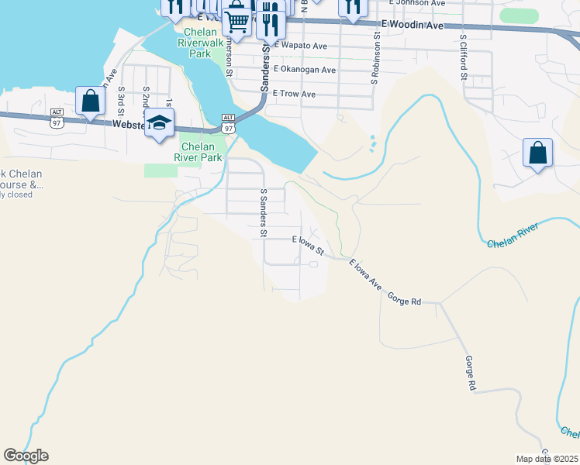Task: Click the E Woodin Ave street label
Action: click(x=411, y=26)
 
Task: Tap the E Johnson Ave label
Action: click(x=417, y=3)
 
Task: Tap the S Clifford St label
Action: click(x=463, y=57)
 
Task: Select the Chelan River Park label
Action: click(x=202, y=152)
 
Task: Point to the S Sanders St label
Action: click(x=264, y=212)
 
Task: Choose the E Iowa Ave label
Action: click(x=365, y=274)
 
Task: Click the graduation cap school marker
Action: click(x=159, y=123)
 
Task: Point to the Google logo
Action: click(x=26, y=456)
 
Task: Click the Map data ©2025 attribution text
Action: click(x=547, y=459)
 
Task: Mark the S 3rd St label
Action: click(x=122, y=99)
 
